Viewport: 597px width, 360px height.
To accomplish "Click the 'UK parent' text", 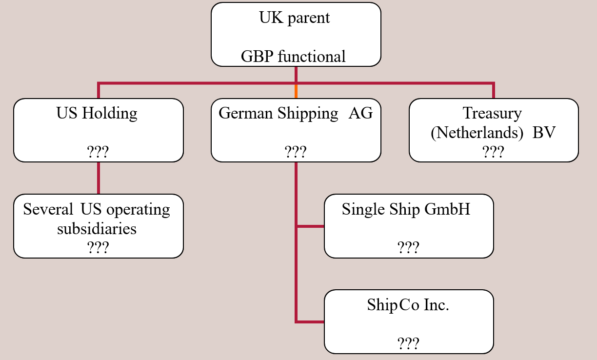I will coord(295,18).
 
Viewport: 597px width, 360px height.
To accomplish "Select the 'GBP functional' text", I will coord(293,57).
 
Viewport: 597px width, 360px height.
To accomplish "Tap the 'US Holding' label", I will coord(97,113).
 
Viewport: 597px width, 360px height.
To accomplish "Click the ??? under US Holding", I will coord(98,152).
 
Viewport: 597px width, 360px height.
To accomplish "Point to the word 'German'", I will coord(246,113).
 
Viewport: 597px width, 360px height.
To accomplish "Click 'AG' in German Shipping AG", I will coord(360,113).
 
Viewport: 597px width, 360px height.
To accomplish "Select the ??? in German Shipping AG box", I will coord(296,152).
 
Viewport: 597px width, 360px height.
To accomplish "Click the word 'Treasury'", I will coord(492,113).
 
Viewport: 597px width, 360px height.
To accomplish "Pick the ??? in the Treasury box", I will coord(493,152).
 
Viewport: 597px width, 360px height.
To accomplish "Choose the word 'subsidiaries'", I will coord(97,228).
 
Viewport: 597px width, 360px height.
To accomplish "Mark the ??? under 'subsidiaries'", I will coord(98,248).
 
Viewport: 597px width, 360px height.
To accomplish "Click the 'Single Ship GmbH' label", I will coord(406,209).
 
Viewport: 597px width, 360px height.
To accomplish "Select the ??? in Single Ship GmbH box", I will coord(408,248).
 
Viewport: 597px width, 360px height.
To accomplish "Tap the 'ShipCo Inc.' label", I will coord(408,305).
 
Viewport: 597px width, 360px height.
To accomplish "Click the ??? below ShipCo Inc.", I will coord(408,343).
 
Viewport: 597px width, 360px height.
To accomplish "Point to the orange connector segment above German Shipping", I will coord(296,91).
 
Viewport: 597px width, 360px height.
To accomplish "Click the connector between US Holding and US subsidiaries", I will coord(99,178).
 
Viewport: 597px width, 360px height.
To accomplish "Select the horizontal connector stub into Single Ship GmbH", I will coord(310,226).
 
